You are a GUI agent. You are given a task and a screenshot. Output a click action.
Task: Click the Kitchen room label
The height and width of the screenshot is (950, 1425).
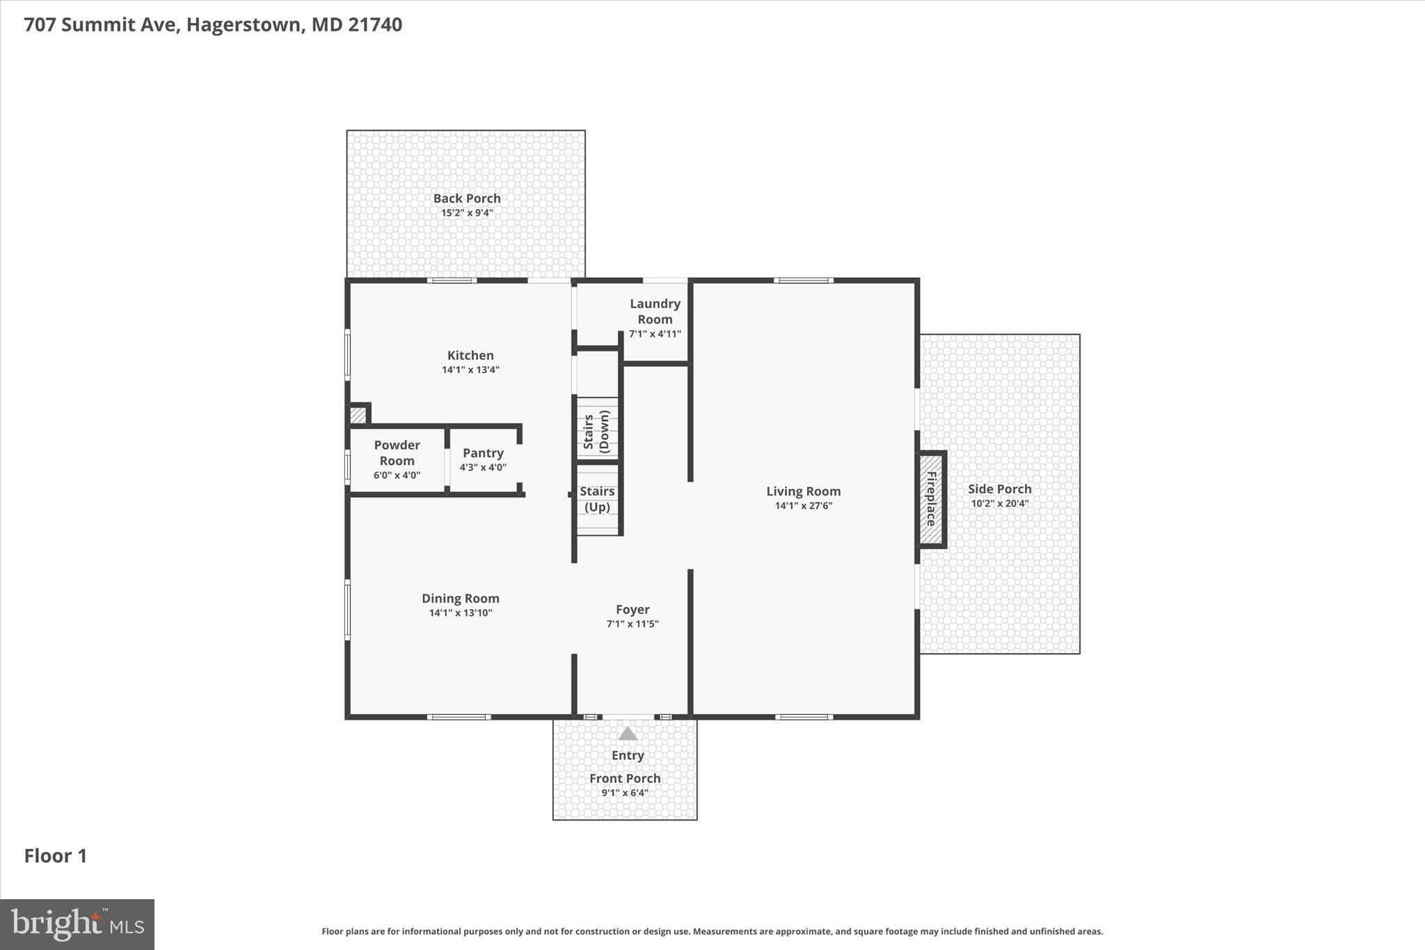point(470,356)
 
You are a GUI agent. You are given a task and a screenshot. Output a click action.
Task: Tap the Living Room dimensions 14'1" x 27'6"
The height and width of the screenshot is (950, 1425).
point(804,506)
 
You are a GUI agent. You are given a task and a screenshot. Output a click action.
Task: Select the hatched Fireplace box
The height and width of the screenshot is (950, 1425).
point(931,499)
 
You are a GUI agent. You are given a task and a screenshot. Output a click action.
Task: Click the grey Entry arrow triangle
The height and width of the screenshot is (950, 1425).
point(628,734)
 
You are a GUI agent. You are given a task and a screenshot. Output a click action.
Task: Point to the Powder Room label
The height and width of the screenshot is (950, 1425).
point(397,452)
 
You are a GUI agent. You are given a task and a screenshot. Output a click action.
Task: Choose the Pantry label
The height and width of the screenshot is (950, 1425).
point(483,453)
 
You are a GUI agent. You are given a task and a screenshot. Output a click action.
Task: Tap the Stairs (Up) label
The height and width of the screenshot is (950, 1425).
point(597,499)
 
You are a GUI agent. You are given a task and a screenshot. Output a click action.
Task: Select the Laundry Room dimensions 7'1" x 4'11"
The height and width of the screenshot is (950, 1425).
point(655,334)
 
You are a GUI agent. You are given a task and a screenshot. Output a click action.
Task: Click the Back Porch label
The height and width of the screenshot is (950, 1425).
point(467,198)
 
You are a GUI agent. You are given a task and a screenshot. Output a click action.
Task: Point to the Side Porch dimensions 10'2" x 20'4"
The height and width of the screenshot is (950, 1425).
point(999,504)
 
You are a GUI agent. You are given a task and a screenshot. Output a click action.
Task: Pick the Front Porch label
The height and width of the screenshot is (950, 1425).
point(625,778)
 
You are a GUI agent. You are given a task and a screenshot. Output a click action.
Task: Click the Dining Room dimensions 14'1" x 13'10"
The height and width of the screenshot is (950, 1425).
point(461,613)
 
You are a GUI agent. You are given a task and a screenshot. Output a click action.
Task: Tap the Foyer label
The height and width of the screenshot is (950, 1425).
point(632,610)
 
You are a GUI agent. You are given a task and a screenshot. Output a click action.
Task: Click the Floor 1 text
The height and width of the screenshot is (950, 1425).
point(56,856)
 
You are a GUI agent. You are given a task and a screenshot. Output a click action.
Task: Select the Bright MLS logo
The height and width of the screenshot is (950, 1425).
point(77,924)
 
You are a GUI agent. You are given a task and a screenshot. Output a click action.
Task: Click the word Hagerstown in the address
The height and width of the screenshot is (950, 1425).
point(244,25)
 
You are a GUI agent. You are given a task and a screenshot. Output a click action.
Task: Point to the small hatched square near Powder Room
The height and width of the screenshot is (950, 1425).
point(358,415)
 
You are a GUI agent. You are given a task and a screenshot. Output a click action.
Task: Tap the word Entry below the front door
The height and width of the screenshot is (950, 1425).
point(628,756)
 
